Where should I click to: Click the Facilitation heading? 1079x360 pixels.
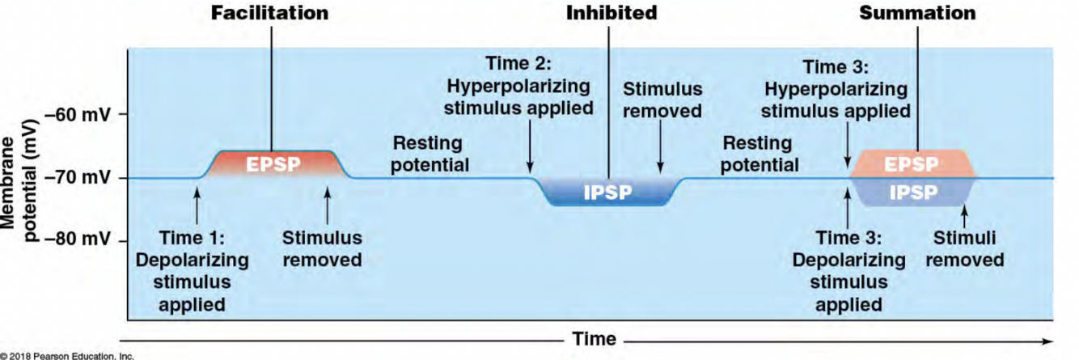tap(270, 13)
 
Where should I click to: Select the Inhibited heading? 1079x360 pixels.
tap(611, 13)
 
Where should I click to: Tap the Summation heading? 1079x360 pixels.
tap(917, 13)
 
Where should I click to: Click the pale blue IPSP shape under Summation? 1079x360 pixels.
tap(912, 193)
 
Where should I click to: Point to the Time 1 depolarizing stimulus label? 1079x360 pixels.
tap(192, 271)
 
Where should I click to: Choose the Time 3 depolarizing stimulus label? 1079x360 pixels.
tap(848, 271)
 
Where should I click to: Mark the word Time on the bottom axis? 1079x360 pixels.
tap(595, 338)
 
